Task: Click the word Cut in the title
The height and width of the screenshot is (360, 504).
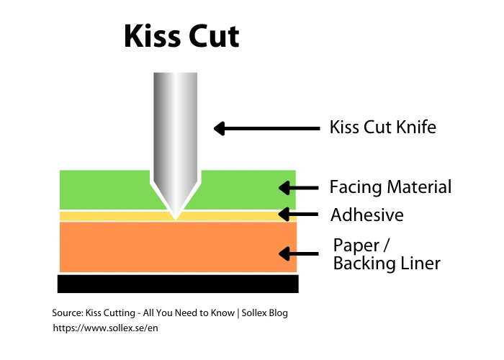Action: [x=213, y=35]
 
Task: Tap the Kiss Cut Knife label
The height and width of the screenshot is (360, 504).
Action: [x=382, y=128]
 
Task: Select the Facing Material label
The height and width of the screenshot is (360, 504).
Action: [x=390, y=187]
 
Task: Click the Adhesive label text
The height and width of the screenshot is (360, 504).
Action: [x=366, y=215]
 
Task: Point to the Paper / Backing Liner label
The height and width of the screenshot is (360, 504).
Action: [x=386, y=253]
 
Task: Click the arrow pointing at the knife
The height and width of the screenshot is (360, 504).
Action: [x=266, y=129]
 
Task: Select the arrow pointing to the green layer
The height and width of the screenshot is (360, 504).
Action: [x=298, y=188]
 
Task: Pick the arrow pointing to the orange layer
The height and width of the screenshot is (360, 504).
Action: [x=298, y=253]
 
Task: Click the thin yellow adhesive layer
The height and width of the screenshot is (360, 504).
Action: [x=108, y=216]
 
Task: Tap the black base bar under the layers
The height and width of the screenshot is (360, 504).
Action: [x=178, y=284]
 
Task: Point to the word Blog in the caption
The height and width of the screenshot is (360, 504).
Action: [x=276, y=313]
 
